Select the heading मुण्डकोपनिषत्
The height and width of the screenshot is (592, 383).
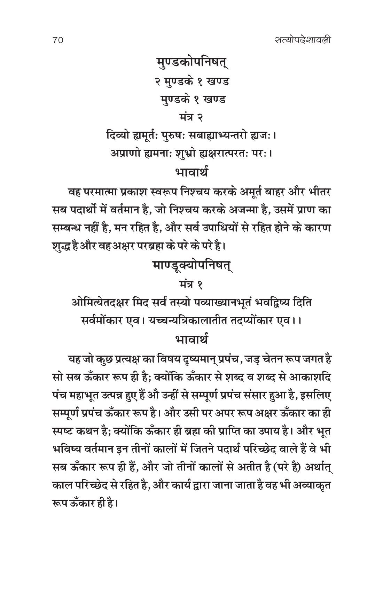(x=191, y=64)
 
